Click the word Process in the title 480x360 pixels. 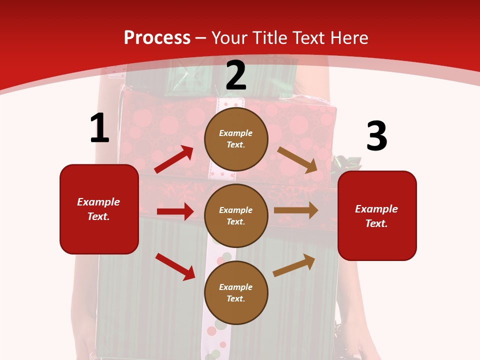[x=157, y=37]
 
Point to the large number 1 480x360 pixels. [x=99, y=128]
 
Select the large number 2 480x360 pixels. [x=236, y=75]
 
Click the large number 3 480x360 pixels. [x=376, y=136]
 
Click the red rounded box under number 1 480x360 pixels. [x=99, y=209]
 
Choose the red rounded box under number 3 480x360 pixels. [x=377, y=215]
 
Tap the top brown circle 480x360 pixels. [x=236, y=139]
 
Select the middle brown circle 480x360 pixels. [x=236, y=215]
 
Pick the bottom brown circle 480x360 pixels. [x=236, y=292]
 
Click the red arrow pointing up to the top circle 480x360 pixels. [x=174, y=159]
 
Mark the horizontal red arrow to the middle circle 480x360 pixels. [x=175, y=211]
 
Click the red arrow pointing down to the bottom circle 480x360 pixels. [x=175, y=266]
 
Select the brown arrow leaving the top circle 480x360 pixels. [x=297, y=160]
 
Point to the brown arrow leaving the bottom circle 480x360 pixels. [x=294, y=265]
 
